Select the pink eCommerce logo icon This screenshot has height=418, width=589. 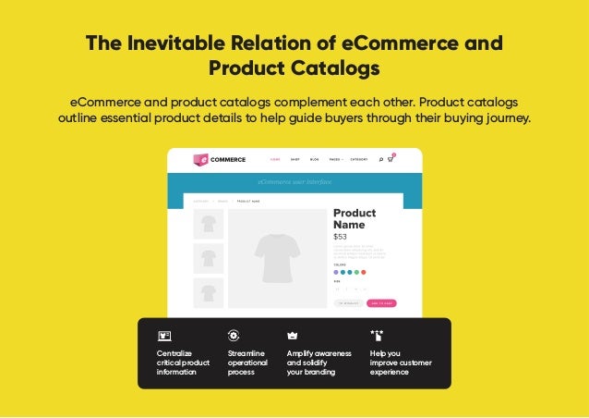[200, 159]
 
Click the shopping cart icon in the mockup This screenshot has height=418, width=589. [391, 159]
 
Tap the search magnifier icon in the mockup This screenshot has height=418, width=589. [380, 159]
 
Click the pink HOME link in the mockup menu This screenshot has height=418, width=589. [275, 159]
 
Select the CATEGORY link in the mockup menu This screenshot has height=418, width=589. [358, 159]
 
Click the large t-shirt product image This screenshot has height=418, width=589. [277, 258]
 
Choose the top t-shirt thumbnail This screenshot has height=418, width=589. [209, 224]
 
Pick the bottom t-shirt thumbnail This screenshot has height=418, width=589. [209, 292]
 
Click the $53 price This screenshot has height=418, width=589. [340, 237]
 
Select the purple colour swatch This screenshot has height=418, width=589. [336, 272]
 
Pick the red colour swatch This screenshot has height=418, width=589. [364, 272]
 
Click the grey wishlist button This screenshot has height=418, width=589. [348, 302]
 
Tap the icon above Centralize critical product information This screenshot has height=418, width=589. [164, 336]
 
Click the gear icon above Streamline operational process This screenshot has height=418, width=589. [234, 336]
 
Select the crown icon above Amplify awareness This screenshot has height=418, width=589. [293, 336]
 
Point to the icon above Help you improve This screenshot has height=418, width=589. [376, 335]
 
